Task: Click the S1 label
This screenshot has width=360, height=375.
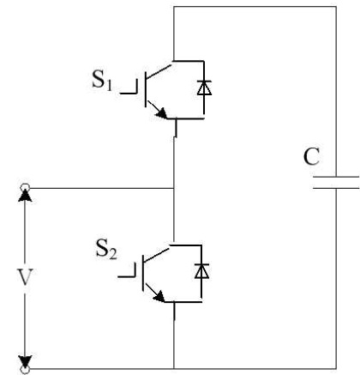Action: (x=102, y=80)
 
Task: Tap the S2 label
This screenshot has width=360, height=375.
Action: (x=106, y=249)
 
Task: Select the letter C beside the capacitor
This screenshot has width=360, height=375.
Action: (x=311, y=157)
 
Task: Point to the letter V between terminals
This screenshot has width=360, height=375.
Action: (x=25, y=277)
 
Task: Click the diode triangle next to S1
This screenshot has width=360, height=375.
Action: (x=204, y=88)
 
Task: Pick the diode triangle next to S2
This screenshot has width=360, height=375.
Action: (x=201, y=271)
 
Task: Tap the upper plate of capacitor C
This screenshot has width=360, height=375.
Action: (x=336, y=177)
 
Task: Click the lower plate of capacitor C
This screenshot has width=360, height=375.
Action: (x=336, y=188)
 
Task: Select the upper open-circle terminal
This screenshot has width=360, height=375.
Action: (x=25, y=188)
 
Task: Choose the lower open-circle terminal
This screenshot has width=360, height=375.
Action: (x=25, y=370)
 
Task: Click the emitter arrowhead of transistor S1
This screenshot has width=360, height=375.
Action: (x=161, y=113)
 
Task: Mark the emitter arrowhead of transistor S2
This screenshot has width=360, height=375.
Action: (x=159, y=297)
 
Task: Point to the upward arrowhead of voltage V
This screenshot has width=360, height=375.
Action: (x=25, y=197)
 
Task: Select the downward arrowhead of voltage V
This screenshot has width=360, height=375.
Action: (x=25, y=361)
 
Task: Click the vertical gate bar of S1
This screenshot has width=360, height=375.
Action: (x=146, y=89)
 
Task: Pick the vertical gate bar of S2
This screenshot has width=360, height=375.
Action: (x=143, y=273)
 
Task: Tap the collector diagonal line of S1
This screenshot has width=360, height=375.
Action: (x=160, y=71)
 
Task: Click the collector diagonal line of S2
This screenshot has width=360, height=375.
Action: (x=157, y=255)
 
